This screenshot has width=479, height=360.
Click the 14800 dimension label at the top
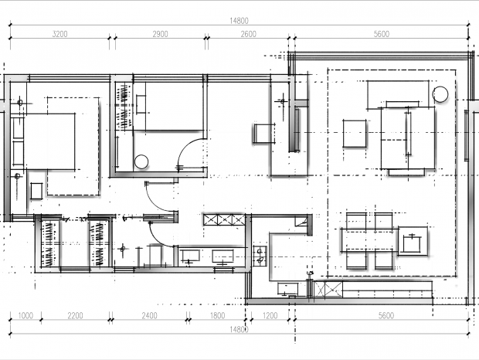pyautogui.click(x=239, y=21)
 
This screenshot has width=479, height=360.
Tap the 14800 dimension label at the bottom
pyautogui.click(x=239, y=329)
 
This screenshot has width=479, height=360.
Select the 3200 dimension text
pyautogui.click(x=60, y=34)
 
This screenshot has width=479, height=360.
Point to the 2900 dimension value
pyautogui.click(x=161, y=34)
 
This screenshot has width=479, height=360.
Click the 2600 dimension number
pyautogui.click(x=248, y=34)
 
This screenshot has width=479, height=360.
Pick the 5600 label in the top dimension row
pyautogui.click(x=382, y=34)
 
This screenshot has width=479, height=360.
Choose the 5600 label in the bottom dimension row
pyautogui.click(x=386, y=315)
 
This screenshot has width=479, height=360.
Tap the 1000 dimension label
pyautogui.click(x=25, y=315)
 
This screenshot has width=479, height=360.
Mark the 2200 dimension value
pyautogui.click(x=75, y=315)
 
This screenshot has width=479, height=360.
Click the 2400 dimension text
pyautogui.click(x=149, y=315)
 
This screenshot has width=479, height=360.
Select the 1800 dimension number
pyautogui.click(x=218, y=315)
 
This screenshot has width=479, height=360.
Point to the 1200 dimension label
pyautogui.click(x=270, y=315)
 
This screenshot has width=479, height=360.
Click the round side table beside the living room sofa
pyautogui.click(x=440, y=94)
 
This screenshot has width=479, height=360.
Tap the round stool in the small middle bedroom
pyautogui.click(x=141, y=161)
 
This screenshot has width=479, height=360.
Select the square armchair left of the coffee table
pyautogui.click(x=355, y=134)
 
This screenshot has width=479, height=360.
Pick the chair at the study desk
pyautogui.click(x=264, y=133)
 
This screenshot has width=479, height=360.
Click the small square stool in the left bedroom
pyautogui.click(x=36, y=191)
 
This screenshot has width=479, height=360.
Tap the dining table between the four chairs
pyautogui.click(x=369, y=240)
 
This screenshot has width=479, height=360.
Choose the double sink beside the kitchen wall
pyautogui.click(x=260, y=256)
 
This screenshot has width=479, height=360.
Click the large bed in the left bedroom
pyautogui.click(x=49, y=141)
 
